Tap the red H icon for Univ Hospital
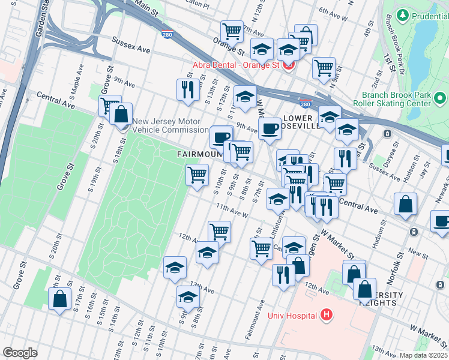(326, 314)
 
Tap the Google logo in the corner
(20, 353)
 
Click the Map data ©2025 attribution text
(423, 355)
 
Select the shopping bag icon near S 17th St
(60, 299)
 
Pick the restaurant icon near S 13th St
(188, 89)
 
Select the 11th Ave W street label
(232, 211)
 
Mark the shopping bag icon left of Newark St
(406, 204)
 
